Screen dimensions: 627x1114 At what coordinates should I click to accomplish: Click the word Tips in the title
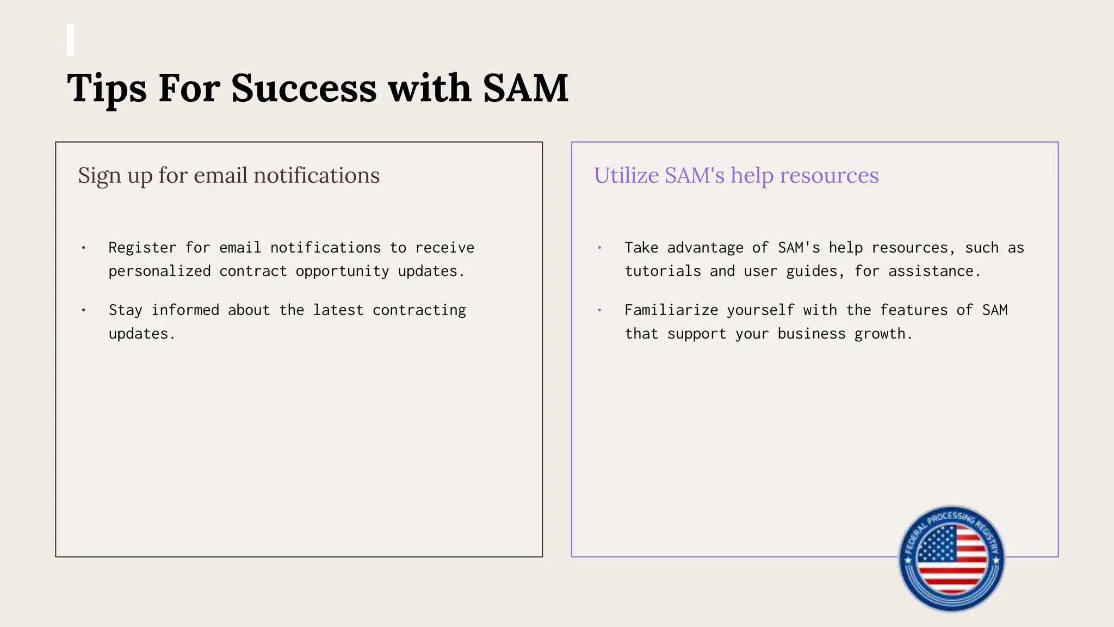[107, 88]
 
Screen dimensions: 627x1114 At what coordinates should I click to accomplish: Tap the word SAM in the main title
[525, 88]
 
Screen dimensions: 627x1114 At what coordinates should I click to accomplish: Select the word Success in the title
[304, 88]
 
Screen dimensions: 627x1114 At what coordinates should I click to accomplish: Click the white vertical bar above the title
[70, 40]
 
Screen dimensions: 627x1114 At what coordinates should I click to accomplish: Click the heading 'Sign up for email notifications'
[228, 176]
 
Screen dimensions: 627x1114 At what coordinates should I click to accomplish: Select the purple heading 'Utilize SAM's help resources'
[736, 176]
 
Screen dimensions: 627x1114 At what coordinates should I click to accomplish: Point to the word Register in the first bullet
[143, 248]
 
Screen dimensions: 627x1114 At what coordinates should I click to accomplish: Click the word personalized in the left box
[159, 271]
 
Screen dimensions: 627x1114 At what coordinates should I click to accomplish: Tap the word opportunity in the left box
[342, 271]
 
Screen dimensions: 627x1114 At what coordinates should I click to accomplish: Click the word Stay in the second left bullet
[125, 310]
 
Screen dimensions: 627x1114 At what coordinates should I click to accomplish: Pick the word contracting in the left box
[419, 310]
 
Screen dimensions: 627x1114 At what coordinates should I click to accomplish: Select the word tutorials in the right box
[663, 271]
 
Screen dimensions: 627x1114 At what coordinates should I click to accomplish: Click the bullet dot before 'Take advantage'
[599, 248]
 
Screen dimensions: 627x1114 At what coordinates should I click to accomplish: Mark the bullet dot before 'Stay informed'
[83, 310]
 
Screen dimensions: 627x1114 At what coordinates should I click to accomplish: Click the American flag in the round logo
[951, 560]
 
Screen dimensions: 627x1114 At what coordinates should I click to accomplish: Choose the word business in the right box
[811, 334]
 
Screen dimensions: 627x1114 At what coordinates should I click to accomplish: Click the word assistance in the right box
[934, 271]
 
